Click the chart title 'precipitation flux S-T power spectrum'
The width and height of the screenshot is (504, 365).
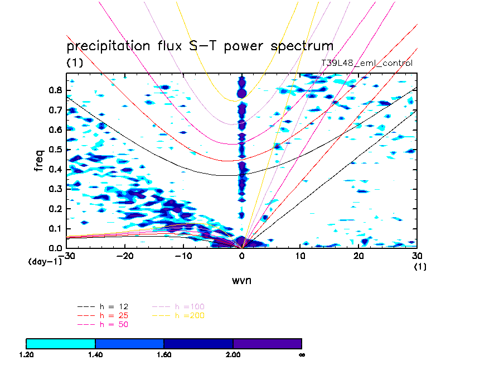coord(200,46)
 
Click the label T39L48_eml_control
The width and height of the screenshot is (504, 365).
coord(367,63)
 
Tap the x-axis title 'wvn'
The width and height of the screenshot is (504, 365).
coord(241,280)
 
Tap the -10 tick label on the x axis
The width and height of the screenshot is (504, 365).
coord(182,256)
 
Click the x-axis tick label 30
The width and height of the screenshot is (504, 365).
coord(417,256)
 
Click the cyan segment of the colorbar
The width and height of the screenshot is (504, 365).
coord(61,343)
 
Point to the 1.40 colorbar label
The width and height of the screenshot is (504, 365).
coord(95,354)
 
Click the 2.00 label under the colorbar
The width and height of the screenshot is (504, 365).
coord(232,354)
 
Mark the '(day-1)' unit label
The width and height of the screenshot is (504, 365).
coord(45,261)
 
